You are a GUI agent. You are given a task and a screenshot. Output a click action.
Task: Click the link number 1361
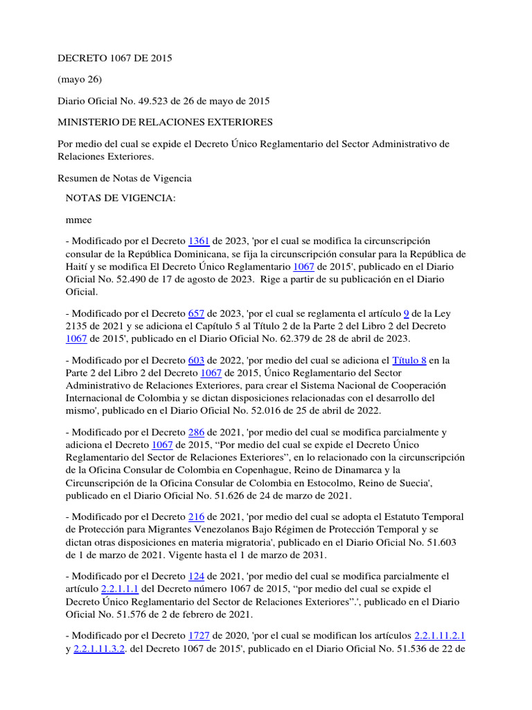pos(199,241)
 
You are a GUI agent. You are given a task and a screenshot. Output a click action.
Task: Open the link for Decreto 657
pos(196,313)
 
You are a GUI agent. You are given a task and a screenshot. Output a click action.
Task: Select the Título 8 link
pos(409,361)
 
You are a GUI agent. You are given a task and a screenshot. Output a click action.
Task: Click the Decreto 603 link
pos(196,361)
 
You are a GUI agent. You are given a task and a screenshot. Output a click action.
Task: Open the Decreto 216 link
pos(196,517)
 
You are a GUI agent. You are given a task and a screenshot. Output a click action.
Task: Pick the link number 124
pos(196,577)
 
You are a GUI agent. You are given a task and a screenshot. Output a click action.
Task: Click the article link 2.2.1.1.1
pos(120,589)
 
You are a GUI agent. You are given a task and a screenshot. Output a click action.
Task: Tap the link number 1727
pos(199,637)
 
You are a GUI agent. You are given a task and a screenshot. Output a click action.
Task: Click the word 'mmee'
pos(78,220)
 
